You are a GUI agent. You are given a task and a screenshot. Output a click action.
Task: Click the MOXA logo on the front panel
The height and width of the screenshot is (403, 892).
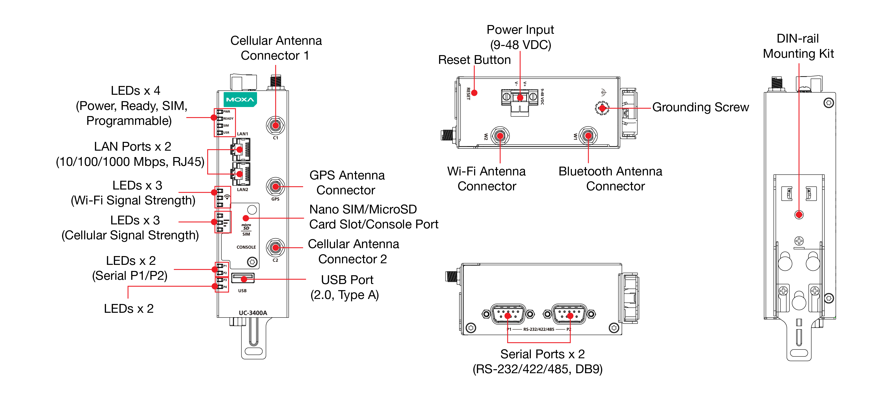click(240, 99)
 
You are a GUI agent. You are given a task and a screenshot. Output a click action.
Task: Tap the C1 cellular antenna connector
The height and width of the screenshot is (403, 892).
click(275, 125)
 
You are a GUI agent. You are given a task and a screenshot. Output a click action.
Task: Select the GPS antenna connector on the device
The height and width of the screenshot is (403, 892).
click(275, 187)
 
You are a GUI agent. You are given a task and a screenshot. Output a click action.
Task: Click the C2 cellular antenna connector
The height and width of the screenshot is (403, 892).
click(275, 248)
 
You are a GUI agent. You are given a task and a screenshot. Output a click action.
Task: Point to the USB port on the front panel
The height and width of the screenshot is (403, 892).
click(243, 278)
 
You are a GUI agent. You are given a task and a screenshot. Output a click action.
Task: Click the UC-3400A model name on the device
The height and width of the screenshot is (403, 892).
click(253, 313)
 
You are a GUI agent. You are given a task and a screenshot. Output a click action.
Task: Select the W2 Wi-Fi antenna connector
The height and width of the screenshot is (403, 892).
click(500, 135)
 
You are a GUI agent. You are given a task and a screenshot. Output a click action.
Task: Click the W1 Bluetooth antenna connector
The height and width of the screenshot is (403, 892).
click(588, 135)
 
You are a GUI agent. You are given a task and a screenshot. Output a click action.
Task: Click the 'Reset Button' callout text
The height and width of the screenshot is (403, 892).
click(474, 60)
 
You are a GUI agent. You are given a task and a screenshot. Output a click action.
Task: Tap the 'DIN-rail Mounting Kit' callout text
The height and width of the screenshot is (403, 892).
click(798, 46)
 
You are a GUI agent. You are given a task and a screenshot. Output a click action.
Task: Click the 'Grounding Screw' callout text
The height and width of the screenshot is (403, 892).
click(700, 107)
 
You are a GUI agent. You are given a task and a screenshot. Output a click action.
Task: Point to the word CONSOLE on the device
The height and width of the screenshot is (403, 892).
click(246, 247)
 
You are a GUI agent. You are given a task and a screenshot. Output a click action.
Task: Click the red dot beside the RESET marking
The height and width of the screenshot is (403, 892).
click(474, 93)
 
